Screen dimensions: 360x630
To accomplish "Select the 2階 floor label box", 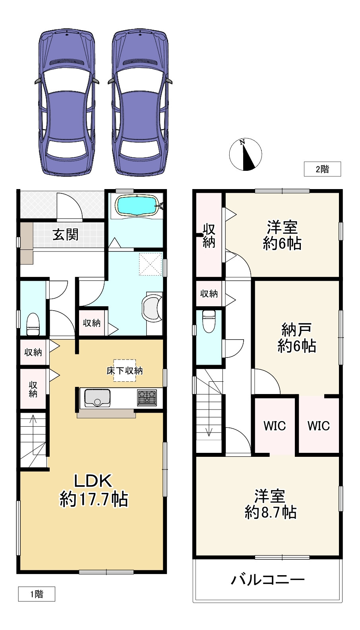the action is [322, 169].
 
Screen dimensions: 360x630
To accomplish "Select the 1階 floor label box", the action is [37, 594].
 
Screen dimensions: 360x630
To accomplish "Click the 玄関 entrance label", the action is [66, 235].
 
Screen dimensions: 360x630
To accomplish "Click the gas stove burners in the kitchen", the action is [147, 397].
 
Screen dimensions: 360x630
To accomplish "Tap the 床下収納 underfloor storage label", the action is [125, 371].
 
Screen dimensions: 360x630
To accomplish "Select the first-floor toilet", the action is [33, 324].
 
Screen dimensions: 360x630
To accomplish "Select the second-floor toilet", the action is [209, 321].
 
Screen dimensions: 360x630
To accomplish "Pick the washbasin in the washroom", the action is [152, 307].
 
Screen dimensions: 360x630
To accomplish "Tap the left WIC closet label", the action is [275, 426].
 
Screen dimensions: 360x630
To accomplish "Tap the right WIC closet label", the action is [319, 426].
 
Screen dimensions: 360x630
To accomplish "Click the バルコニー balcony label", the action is [268, 580].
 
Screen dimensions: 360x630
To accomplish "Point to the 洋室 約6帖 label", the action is [282, 236].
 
